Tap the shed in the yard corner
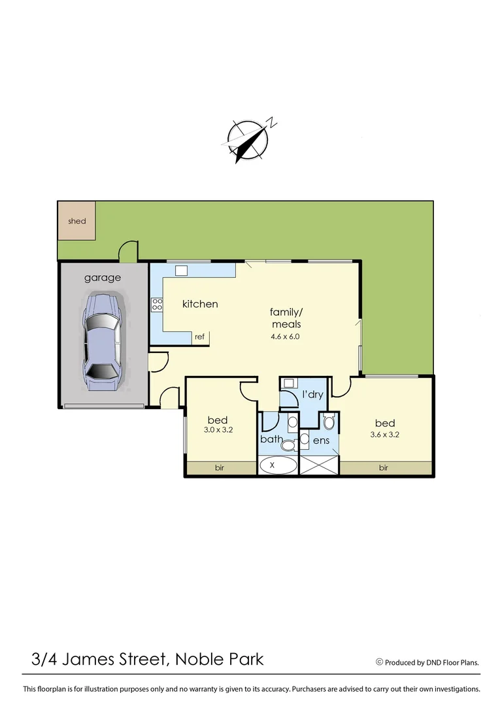[x=76, y=221]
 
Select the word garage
[x=103, y=278]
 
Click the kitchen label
[x=199, y=304]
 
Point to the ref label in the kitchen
[x=200, y=337]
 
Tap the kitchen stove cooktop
[x=157, y=304]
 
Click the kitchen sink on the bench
[x=182, y=270]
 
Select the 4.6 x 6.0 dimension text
[x=285, y=337]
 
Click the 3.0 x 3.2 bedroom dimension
[x=218, y=431]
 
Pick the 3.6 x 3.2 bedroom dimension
[x=385, y=434]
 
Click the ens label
[x=320, y=441]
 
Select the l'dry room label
[x=312, y=395]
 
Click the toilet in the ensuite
[x=329, y=422]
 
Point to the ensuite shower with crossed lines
[x=319, y=466]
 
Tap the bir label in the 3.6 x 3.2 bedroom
[x=384, y=468]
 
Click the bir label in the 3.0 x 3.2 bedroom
[x=220, y=468]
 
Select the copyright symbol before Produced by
[x=379, y=662]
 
